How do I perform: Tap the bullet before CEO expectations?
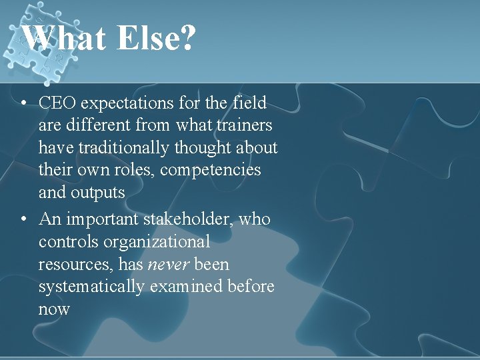pos(23,103)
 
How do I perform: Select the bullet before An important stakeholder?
pos(23,219)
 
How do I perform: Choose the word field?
pos(249,103)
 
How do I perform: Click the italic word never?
pos(168,265)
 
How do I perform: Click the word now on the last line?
pos(54,310)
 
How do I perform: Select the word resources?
pos(75,265)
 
